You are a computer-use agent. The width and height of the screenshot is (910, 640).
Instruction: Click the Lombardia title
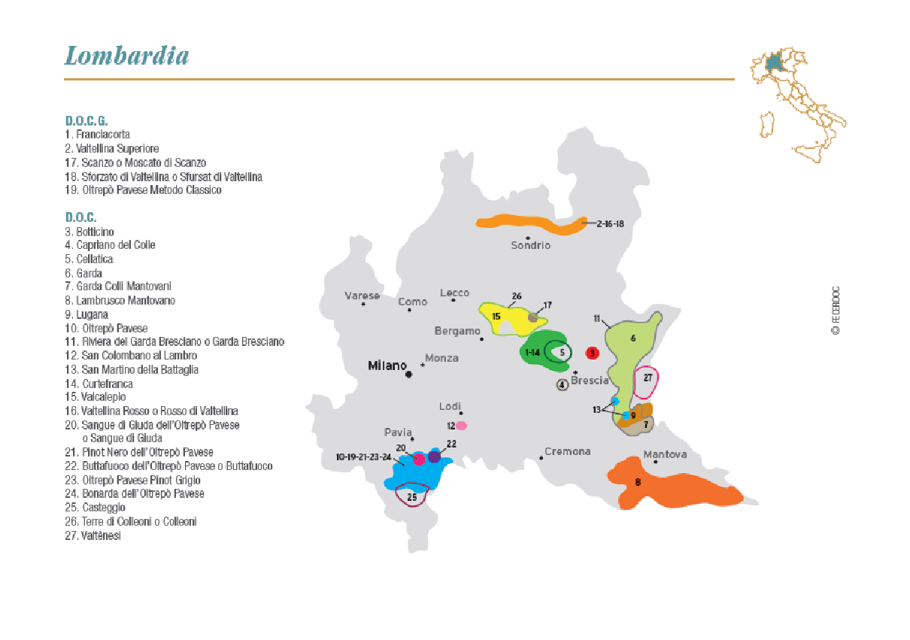(126, 56)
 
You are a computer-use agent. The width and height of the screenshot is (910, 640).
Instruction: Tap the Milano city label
(387, 365)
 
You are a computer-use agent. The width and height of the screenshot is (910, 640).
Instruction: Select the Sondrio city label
(530, 245)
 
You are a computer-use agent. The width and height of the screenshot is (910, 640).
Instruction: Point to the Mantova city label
(665, 455)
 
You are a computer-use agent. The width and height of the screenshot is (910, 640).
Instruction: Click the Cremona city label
(567, 451)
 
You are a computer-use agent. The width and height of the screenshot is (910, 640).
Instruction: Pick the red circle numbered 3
(592, 353)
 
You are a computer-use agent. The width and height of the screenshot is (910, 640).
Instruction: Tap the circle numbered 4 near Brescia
(562, 385)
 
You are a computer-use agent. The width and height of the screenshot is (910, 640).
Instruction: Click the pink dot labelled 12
(461, 426)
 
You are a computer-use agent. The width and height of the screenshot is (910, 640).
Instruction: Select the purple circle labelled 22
(434, 456)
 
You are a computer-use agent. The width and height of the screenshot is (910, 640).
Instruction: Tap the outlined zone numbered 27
(646, 382)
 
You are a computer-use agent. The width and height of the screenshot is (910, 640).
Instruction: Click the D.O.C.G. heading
(86, 120)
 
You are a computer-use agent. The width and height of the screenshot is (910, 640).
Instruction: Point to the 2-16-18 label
(610, 224)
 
